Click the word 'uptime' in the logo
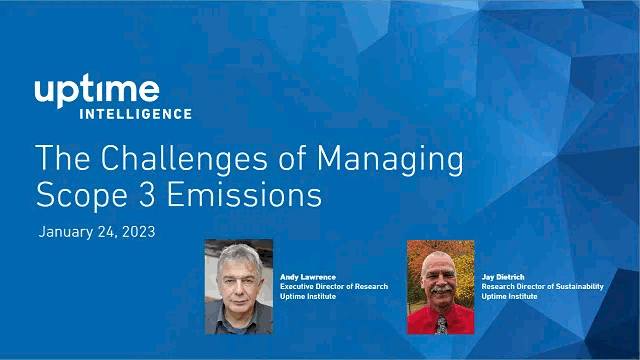pos(97,91)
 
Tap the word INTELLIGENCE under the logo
pos(149,114)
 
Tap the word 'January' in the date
pos(69,232)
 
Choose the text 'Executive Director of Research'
pos(333,286)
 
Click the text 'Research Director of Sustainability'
pos(543,286)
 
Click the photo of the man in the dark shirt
pos(238,287)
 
